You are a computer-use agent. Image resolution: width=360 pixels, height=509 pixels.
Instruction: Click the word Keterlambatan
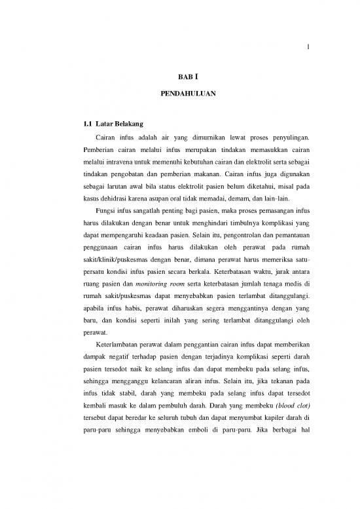tap(120, 343)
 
